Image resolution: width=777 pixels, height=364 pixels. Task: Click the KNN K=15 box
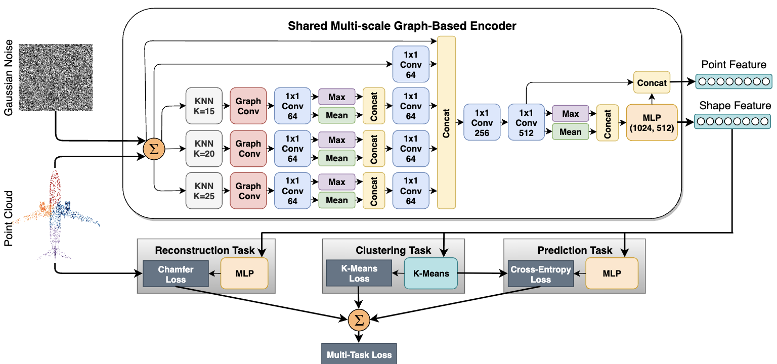[x=204, y=106]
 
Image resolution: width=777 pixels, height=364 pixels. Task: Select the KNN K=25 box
[x=204, y=191]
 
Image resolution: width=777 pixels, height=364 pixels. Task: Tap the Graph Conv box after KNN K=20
[x=248, y=148]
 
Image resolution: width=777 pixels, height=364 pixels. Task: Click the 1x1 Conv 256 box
[x=482, y=122]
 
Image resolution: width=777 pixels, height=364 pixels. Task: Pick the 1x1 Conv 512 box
[x=526, y=122]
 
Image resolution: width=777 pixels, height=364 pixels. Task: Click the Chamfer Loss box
[x=176, y=274]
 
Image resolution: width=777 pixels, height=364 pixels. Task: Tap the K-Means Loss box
[x=359, y=273]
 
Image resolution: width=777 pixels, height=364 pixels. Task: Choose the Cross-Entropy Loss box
[x=541, y=274]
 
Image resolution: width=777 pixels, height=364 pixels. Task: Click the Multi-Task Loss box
[x=359, y=354]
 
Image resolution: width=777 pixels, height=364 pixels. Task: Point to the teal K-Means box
[x=431, y=273]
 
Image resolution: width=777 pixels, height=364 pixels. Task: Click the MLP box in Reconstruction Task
[x=244, y=273]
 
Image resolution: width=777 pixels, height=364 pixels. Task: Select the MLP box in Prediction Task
[x=612, y=273]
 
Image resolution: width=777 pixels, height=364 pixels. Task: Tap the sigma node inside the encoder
[x=154, y=149]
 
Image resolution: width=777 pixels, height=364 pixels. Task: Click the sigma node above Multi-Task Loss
[x=359, y=320]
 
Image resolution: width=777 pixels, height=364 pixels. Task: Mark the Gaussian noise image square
[x=56, y=77]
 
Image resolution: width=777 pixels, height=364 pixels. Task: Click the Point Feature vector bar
[x=733, y=81]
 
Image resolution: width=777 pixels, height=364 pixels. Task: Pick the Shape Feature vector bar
[x=732, y=121]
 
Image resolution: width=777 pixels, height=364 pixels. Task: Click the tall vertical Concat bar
[x=447, y=122]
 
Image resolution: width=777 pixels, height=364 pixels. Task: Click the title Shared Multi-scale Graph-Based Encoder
[x=402, y=26]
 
